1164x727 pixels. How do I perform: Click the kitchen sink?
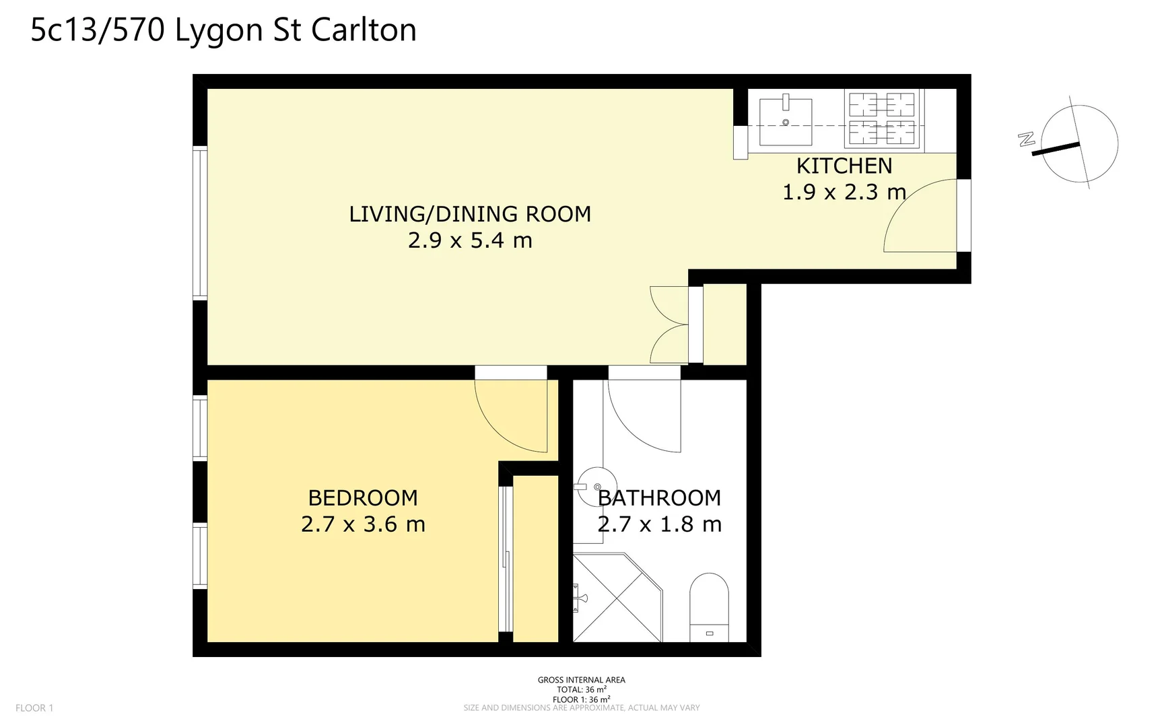point(785,122)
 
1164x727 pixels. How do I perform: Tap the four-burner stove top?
point(881,119)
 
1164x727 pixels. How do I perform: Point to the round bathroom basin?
point(596,486)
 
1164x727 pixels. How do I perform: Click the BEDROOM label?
point(363,498)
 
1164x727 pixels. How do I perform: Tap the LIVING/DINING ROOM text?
point(470,214)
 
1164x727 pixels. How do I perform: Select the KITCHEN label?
point(844,166)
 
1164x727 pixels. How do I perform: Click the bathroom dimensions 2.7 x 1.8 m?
point(659,524)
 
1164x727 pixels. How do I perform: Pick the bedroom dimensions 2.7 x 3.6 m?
point(363,524)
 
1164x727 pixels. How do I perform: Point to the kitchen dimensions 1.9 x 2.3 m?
point(844,193)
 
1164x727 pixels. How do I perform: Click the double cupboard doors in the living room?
point(668,325)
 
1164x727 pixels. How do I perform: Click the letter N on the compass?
point(1026,139)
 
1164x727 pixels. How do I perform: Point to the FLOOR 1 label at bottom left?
point(34,707)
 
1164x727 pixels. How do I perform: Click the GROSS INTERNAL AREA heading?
point(581,680)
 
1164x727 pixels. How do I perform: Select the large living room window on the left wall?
point(200,222)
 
